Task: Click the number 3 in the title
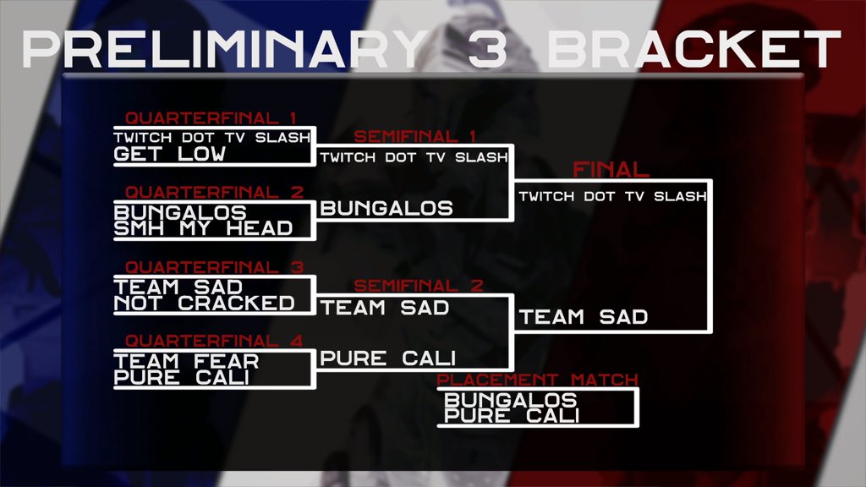[x=488, y=50]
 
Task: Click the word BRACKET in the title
[x=693, y=50]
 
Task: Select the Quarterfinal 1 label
[x=211, y=118]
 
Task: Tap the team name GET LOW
[x=169, y=154]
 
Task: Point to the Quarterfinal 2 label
[x=214, y=192]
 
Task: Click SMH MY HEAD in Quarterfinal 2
[x=203, y=228]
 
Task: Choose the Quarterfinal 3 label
[x=214, y=267]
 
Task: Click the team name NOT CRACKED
[x=205, y=304]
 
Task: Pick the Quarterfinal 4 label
[x=214, y=341]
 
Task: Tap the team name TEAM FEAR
[x=187, y=362]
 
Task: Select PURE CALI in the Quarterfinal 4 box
[x=182, y=378]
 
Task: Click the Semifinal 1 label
[x=414, y=136]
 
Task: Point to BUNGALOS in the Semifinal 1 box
[x=386, y=208]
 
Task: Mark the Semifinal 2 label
[x=419, y=286]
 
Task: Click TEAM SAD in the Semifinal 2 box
[x=385, y=308]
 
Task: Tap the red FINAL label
[x=611, y=169]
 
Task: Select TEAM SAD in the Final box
[x=584, y=317]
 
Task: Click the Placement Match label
[x=537, y=380]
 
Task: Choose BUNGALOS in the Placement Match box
[x=511, y=400]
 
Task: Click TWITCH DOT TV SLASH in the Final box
[x=613, y=196]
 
